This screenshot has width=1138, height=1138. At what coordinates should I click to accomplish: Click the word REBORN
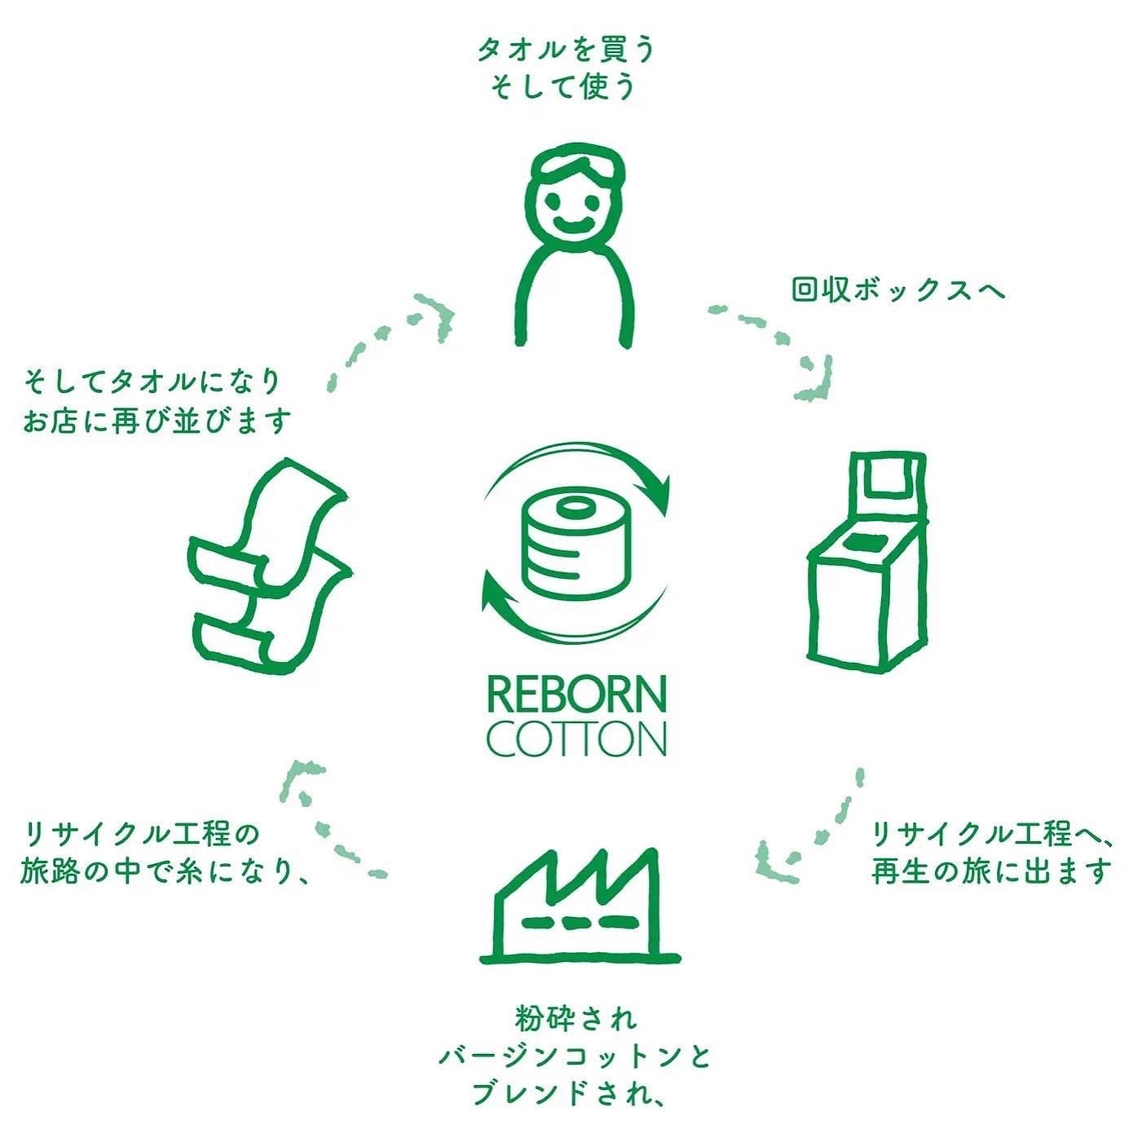point(576,695)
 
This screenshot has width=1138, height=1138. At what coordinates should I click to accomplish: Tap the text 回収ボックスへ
point(898,290)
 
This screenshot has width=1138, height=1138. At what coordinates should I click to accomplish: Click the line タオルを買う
point(567,51)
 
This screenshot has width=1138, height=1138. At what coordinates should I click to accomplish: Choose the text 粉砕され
point(576,1019)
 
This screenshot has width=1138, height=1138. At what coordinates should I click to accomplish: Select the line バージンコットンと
point(576,1057)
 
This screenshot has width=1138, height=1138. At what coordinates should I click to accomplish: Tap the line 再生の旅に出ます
point(991,871)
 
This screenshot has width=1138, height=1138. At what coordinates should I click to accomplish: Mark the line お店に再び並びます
point(157,421)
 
